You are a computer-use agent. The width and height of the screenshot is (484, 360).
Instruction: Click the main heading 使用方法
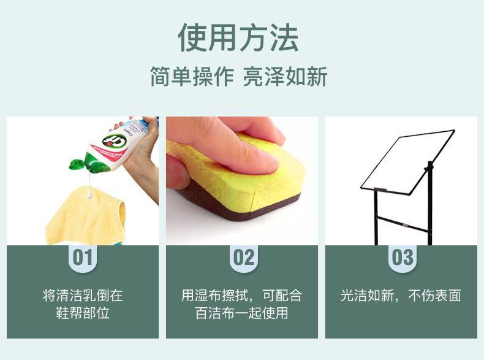pyautogui.click(x=238, y=37)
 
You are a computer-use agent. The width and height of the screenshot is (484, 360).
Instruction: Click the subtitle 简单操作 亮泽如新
pyautogui.click(x=238, y=77)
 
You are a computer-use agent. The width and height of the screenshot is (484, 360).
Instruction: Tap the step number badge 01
pyautogui.click(x=83, y=258)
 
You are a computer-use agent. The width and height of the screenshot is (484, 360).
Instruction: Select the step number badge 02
pyautogui.click(x=244, y=258)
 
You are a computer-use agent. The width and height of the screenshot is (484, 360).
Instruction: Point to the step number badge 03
pyautogui.click(x=402, y=258)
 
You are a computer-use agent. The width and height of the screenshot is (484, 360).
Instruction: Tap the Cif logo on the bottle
pyautogui.click(x=115, y=142)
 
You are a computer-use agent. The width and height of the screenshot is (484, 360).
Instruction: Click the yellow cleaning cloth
pyautogui.click(x=86, y=216)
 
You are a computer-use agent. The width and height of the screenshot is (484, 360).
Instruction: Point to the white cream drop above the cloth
pyautogui.click(x=90, y=195)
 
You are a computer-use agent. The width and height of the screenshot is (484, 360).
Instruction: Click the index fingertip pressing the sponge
pyautogui.click(x=268, y=163)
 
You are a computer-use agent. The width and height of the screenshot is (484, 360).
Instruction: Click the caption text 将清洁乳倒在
pyautogui.click(x=83, y=296)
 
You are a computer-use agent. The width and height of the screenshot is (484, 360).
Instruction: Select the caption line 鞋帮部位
pyautogui.click(x=83, y=313)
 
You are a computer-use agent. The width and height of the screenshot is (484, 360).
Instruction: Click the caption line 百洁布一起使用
pyautogui.click(x=241, y=313)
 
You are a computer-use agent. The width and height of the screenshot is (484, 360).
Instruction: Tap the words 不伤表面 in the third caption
pyautogui.click(x=434, y=296)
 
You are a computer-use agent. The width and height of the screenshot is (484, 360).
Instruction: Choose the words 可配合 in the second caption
pyautogui.click(x=282, y=296)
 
